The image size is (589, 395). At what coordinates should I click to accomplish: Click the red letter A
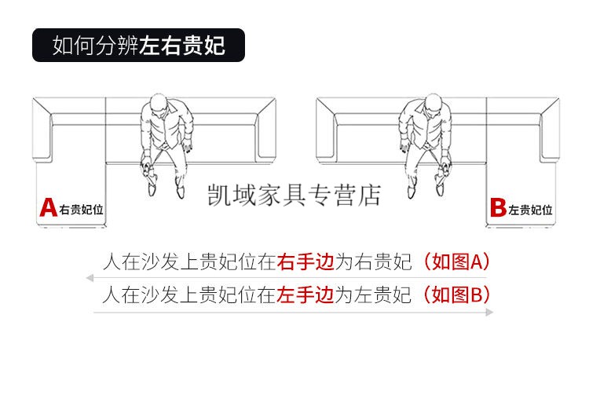point(49,207)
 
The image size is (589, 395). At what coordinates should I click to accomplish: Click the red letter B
point(499,207)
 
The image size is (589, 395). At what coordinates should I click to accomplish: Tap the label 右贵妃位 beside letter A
point(81,210)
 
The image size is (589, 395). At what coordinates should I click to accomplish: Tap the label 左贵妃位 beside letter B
point(530,210)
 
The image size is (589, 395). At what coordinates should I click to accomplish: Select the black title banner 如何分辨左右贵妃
point(138,45)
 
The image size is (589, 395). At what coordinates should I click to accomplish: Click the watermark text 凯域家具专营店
point(294,195)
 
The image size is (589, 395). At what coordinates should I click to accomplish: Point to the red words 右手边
point(305,262)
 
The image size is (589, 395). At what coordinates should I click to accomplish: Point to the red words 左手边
point(305,294)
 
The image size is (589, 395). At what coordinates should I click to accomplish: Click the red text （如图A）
point(456,262)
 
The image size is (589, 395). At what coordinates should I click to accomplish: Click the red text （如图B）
point(456,294)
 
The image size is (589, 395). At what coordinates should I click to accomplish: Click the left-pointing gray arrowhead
point(90,278)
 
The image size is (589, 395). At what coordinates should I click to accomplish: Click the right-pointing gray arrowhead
point(489,312)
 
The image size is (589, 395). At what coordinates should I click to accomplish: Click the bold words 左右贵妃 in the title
point(182,46)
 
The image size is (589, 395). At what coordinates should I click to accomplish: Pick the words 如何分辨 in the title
point(95,46)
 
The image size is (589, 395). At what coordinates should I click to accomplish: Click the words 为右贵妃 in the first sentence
point(373,262)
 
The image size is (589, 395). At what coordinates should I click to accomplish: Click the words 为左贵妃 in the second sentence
point(373,294)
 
